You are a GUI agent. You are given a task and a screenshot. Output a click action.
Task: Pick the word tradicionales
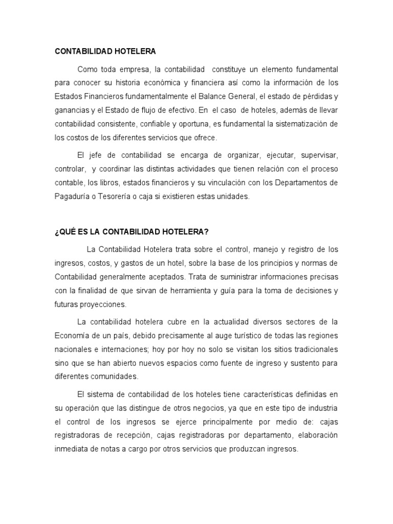point(309,350)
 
